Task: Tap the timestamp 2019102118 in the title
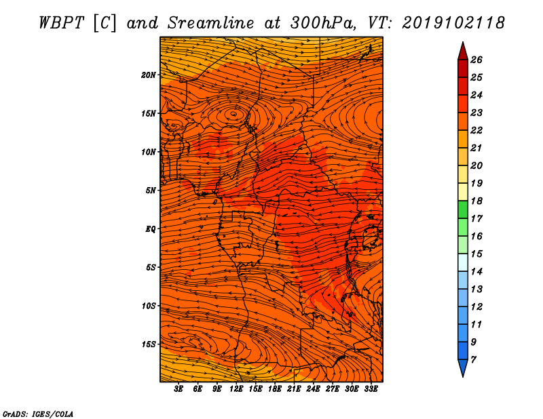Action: click(453, 22)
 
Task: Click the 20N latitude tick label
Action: click(149, 75)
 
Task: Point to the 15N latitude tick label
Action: click(149, 113)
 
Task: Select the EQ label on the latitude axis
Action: click(151, 228)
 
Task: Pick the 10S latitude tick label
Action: click(149, 306)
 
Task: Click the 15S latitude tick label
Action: click(149, 344)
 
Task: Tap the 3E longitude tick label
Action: click(179, 389)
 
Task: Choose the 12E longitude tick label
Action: click(236, 389)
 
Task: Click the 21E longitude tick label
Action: click(294, 389)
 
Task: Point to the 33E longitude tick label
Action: click(371, 389)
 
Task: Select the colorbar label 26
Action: click(476, 60)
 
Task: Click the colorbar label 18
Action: click(476, 201)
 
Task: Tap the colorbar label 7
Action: click(473, 359)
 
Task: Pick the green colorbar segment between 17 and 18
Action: click(462, 209)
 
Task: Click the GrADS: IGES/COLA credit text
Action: click(37, 413)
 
